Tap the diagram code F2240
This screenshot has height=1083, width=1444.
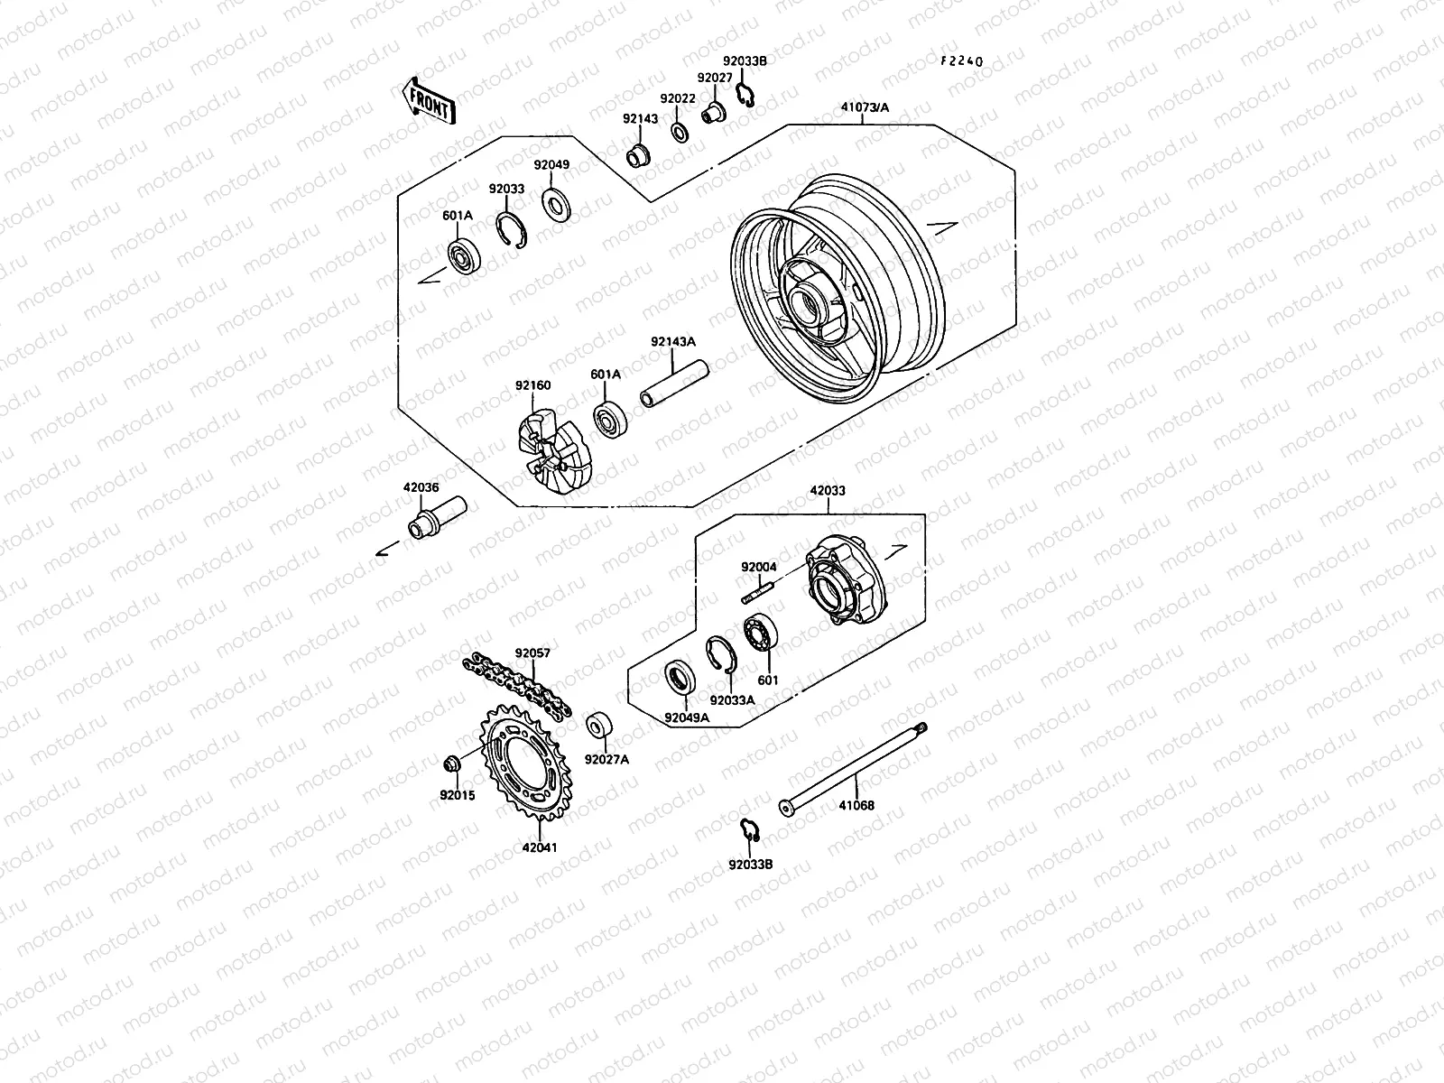tap(961, 62)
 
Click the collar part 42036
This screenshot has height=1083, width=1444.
tap(434, 518)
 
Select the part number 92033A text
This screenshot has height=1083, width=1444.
tap(731, 699)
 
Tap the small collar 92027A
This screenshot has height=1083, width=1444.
tap(597, 727)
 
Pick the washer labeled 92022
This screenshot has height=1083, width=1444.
tap(679, 133)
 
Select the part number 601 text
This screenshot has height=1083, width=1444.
tap(768, 680)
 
